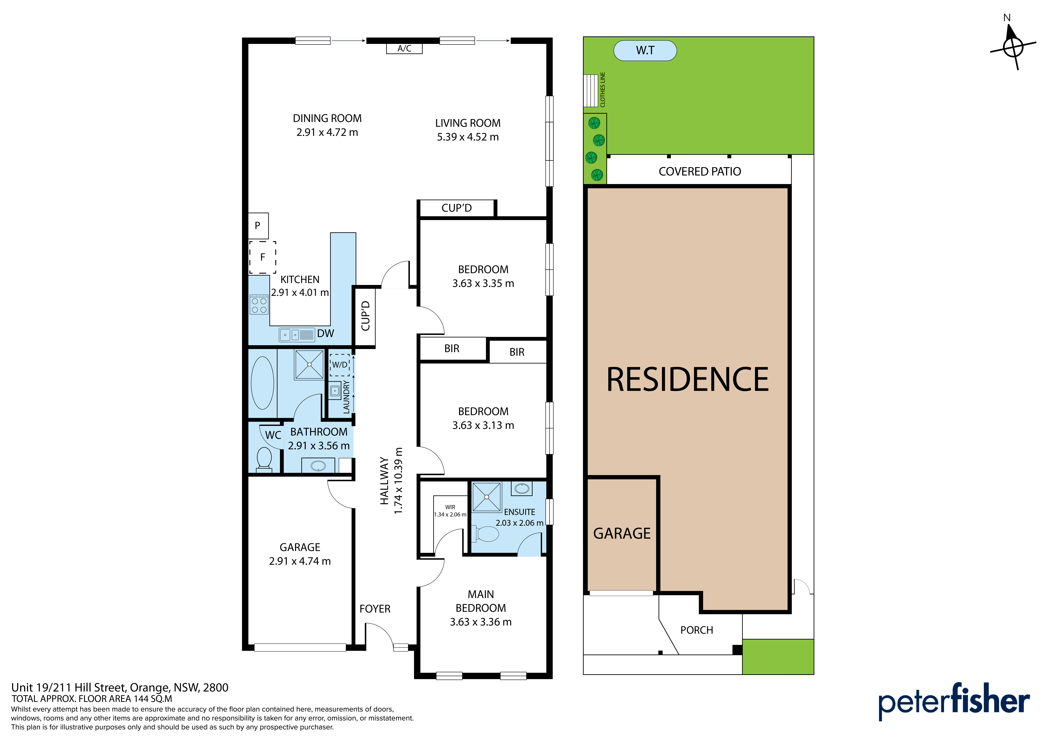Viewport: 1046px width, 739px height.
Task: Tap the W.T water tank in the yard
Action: (645, 50)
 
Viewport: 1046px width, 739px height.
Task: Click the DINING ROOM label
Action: (327, 118)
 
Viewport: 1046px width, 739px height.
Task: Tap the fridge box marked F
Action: (262, 257)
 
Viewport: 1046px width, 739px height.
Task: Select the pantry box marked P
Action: (258, 225)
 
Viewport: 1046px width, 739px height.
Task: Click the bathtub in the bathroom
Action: (262, 383)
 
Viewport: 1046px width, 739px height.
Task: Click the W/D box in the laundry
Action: (339, 365)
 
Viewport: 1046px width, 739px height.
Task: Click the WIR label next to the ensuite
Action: (450, 507)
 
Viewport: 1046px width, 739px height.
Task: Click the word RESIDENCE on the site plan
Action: (687, 380)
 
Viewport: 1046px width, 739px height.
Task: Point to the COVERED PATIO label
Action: (700, 172)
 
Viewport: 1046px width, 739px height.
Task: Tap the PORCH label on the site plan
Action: (697, 630)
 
